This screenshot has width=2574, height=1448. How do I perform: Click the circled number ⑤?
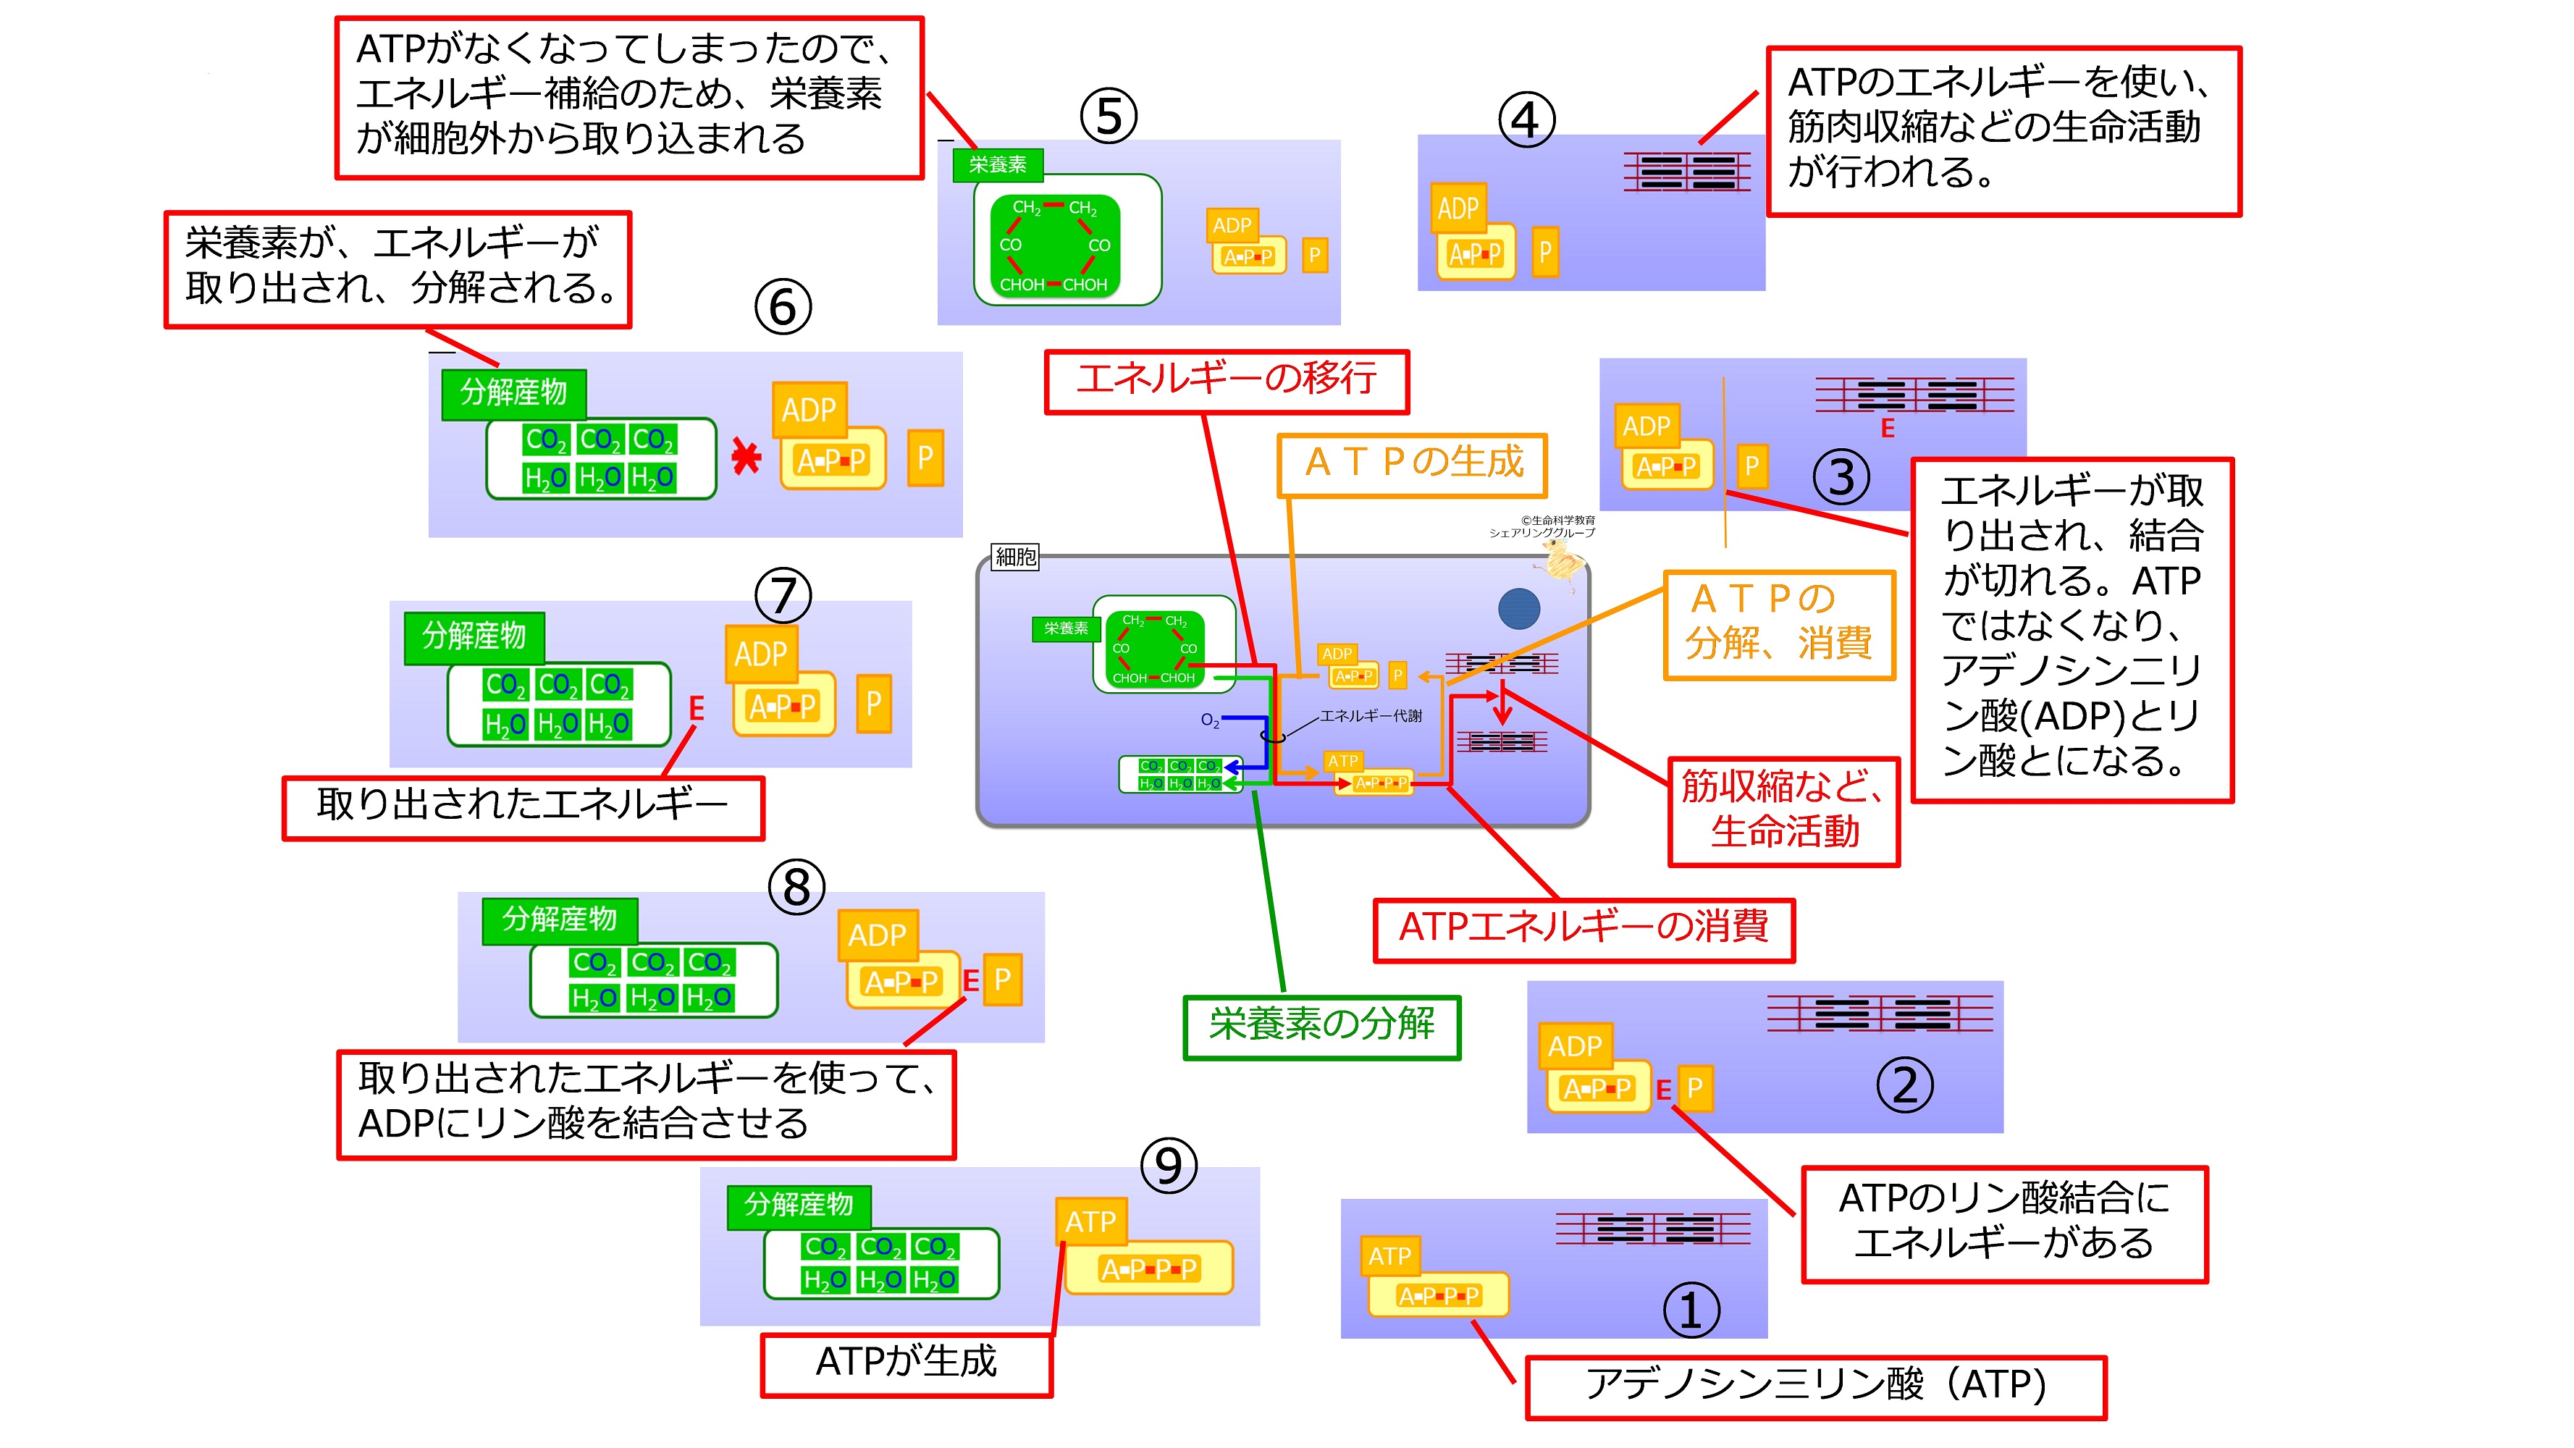click(1108, 116)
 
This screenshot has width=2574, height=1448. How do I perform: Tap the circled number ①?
click(1691, 1311)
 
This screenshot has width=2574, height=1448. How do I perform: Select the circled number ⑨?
click(1168, 1166)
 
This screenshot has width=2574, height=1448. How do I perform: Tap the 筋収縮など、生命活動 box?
click(1783, 810)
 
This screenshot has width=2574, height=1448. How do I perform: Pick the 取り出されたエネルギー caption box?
click(523, 807)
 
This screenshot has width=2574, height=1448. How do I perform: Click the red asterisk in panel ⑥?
click(746, 457)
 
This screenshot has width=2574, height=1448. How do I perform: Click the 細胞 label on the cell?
click(1015, 557)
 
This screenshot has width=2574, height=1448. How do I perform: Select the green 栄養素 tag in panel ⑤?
click(997, 165)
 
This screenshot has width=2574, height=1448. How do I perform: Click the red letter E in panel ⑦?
click(697, 709)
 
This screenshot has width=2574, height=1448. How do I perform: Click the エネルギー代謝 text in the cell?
click(1370, 715)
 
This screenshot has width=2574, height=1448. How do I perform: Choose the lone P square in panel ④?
click(1545, 252)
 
